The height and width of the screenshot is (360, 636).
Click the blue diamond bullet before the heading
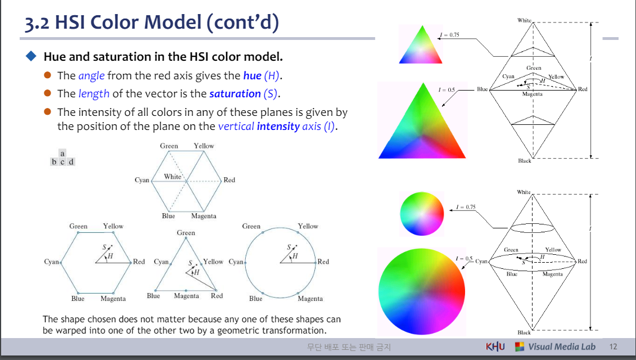pyautogui.click(x=31, y=56)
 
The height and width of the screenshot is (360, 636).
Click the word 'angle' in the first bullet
pyautogui.click(x=91, y=76)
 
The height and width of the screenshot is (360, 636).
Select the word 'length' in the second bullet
pyautogui.click(x=94, y=94)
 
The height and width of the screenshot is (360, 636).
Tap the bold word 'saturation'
pyautogui.click(x=235, y=94)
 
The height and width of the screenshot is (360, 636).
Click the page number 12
pyautogui.click(x=613, y=346)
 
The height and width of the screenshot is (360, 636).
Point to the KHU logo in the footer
pyautogui.click(x=495, y=346)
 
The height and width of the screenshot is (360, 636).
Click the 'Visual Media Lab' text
pyautogui.click(x=561, y=346)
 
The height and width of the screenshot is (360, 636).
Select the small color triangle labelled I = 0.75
pyautogui.click(x=421, y=44)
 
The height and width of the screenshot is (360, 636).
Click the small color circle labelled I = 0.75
pyautogui.click(x=422, y=214)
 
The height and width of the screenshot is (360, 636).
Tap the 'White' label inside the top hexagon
pyautogui.click(x=173, y=177)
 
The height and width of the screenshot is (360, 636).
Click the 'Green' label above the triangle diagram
pyautogui.click(x=186, y=232)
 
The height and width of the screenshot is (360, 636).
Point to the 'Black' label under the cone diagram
pyautogui.click(x=524, y=332)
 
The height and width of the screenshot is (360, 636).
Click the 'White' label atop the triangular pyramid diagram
pyautogui.click(x=524, y=20)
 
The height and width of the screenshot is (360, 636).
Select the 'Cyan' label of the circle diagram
pyautogui.click(x=236, y=262)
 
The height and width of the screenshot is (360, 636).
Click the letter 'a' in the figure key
pyautogui.click(x=62, y=154)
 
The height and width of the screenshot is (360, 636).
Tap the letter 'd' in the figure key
pyautogui.click(x=71, y=161)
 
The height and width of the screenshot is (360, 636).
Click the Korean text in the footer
pyautogui.click(x=349, y=347)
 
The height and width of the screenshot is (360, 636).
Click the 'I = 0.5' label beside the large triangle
pyautogui.click(x=446, y=89)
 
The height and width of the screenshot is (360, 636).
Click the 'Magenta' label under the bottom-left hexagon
pyautogui.click(x=113, y=299)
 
